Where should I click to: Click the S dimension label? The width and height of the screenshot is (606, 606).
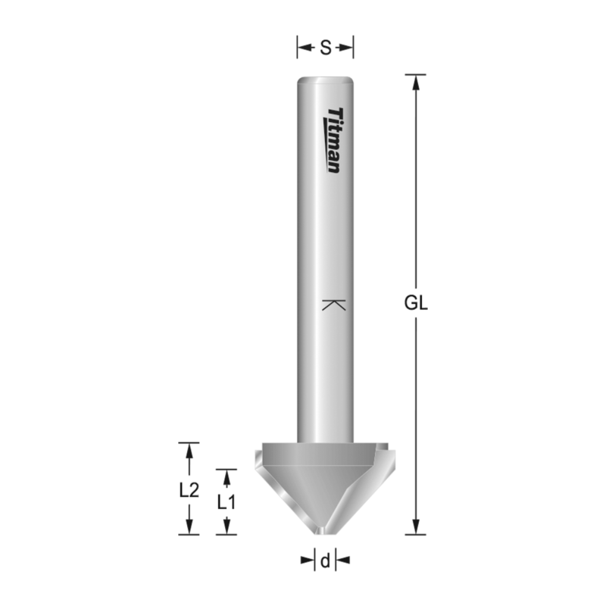[x=325, y=48]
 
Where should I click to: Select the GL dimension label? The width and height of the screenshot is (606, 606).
[x=416, y=304]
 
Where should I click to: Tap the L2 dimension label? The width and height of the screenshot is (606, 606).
[x=189, y=489]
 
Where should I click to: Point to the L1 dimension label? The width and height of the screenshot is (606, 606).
[x=226, y=501]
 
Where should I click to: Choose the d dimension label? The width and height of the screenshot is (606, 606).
[x=325, y=561]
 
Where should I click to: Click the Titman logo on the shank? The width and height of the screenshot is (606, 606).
[x=333, y=140]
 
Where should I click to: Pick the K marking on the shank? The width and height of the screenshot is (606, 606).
[x=333, y=305]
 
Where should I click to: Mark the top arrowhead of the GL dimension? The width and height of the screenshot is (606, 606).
[x=416, y=82]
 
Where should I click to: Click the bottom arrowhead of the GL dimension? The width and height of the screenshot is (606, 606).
[x=416, y=527]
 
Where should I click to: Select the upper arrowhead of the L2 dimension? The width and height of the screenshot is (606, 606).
[x=189, y=450]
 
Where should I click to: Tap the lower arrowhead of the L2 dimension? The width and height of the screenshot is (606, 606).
[x=189, y=527]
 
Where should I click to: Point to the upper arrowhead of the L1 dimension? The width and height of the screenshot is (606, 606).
[x=226, y=476]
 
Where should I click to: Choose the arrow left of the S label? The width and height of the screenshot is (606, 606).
[x=305, y=48]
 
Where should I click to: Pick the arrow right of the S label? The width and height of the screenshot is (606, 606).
[x=346, y=48]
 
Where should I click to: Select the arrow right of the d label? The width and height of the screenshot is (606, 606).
[x=342, y=561]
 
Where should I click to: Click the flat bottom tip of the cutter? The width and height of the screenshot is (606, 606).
[x=325, y=533]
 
